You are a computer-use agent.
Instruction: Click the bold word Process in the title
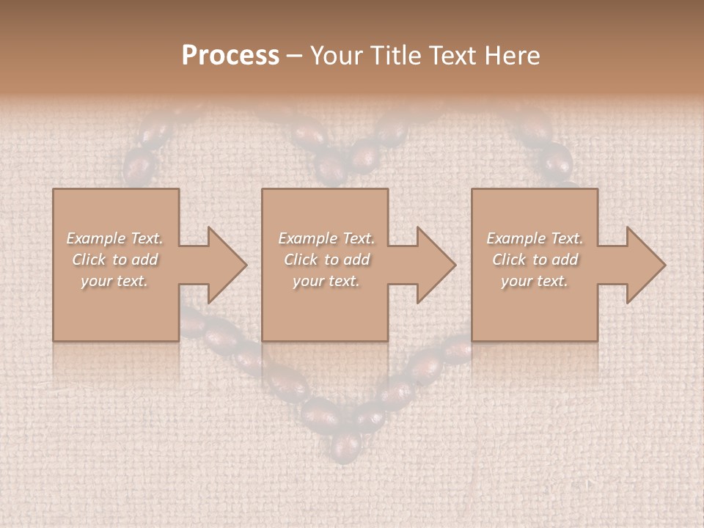230,56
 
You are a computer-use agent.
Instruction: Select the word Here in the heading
511,56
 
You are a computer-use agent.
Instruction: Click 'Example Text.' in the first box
114,238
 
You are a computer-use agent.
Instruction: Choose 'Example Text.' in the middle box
326,238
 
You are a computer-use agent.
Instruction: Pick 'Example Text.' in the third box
535,238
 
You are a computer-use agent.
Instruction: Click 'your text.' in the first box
114,281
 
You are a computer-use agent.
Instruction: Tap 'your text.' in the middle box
326,281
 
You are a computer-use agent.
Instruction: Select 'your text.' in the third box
535,281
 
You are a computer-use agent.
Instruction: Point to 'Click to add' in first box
114,260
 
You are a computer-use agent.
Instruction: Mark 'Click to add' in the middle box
326,260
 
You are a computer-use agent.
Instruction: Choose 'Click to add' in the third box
535,260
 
